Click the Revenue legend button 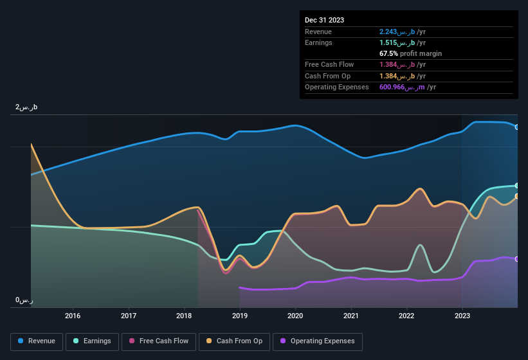tap(37, 341)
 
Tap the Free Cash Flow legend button tap(159, 341)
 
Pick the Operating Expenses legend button tap(318, 341)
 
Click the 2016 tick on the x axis tap(73, 316)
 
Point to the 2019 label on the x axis tap(240, 316)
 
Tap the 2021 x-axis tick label tap(351, 316)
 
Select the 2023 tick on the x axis tap(462, 316)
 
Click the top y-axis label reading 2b tap(26, 107)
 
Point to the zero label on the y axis tap(24, 300)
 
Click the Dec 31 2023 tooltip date tap(324, 20)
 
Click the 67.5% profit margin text tap(410, 53)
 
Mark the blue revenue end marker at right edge tap(517, 127)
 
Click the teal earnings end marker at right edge tap(517, 186)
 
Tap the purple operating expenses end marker tap(517, 259)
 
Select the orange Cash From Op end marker tap(517, 197)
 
